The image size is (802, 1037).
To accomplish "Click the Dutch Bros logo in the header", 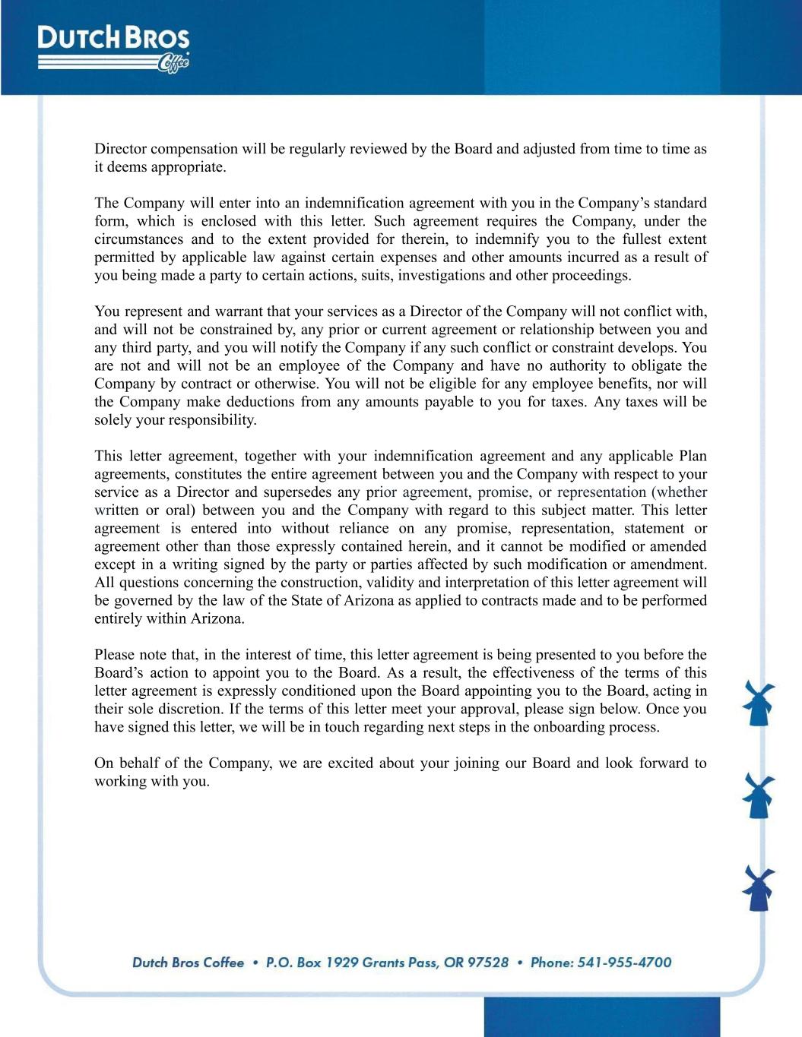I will [113, 49].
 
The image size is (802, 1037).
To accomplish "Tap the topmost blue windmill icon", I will [758, 703].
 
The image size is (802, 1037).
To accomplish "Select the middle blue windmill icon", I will [758, 795].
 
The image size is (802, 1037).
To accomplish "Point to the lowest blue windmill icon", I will [758, 888].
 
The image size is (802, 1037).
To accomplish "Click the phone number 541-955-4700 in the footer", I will [624, 963].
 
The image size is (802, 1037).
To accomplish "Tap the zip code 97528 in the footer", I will [487, 963].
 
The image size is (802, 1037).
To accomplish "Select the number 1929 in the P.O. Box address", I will [341, 963].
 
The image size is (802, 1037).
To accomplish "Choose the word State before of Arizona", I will [309, 600].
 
